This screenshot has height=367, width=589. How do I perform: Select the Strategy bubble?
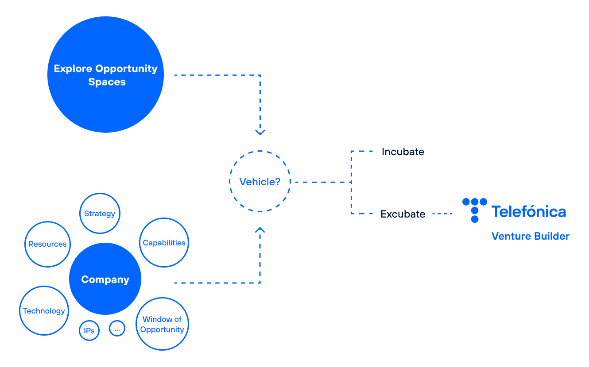100,214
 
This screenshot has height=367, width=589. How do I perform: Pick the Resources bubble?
47,244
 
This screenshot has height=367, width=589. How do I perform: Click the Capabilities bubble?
164,243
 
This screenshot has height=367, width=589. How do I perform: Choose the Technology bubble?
44,311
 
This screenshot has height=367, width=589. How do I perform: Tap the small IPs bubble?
89,331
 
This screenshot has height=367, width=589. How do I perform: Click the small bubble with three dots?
117,329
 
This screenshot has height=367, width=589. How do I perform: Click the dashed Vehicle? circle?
260,182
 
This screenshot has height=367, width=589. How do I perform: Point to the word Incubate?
403,152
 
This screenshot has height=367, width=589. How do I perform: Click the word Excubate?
403,214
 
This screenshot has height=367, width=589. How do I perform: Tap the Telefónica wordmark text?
528,212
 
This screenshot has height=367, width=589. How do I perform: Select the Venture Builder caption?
530,236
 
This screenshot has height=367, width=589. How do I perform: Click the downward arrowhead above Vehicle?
260,132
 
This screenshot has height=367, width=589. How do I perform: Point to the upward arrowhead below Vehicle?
260,230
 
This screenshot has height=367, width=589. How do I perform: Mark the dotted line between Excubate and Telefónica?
442,214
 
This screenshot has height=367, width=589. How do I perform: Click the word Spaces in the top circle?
107,82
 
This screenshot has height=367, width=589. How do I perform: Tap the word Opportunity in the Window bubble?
162,329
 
